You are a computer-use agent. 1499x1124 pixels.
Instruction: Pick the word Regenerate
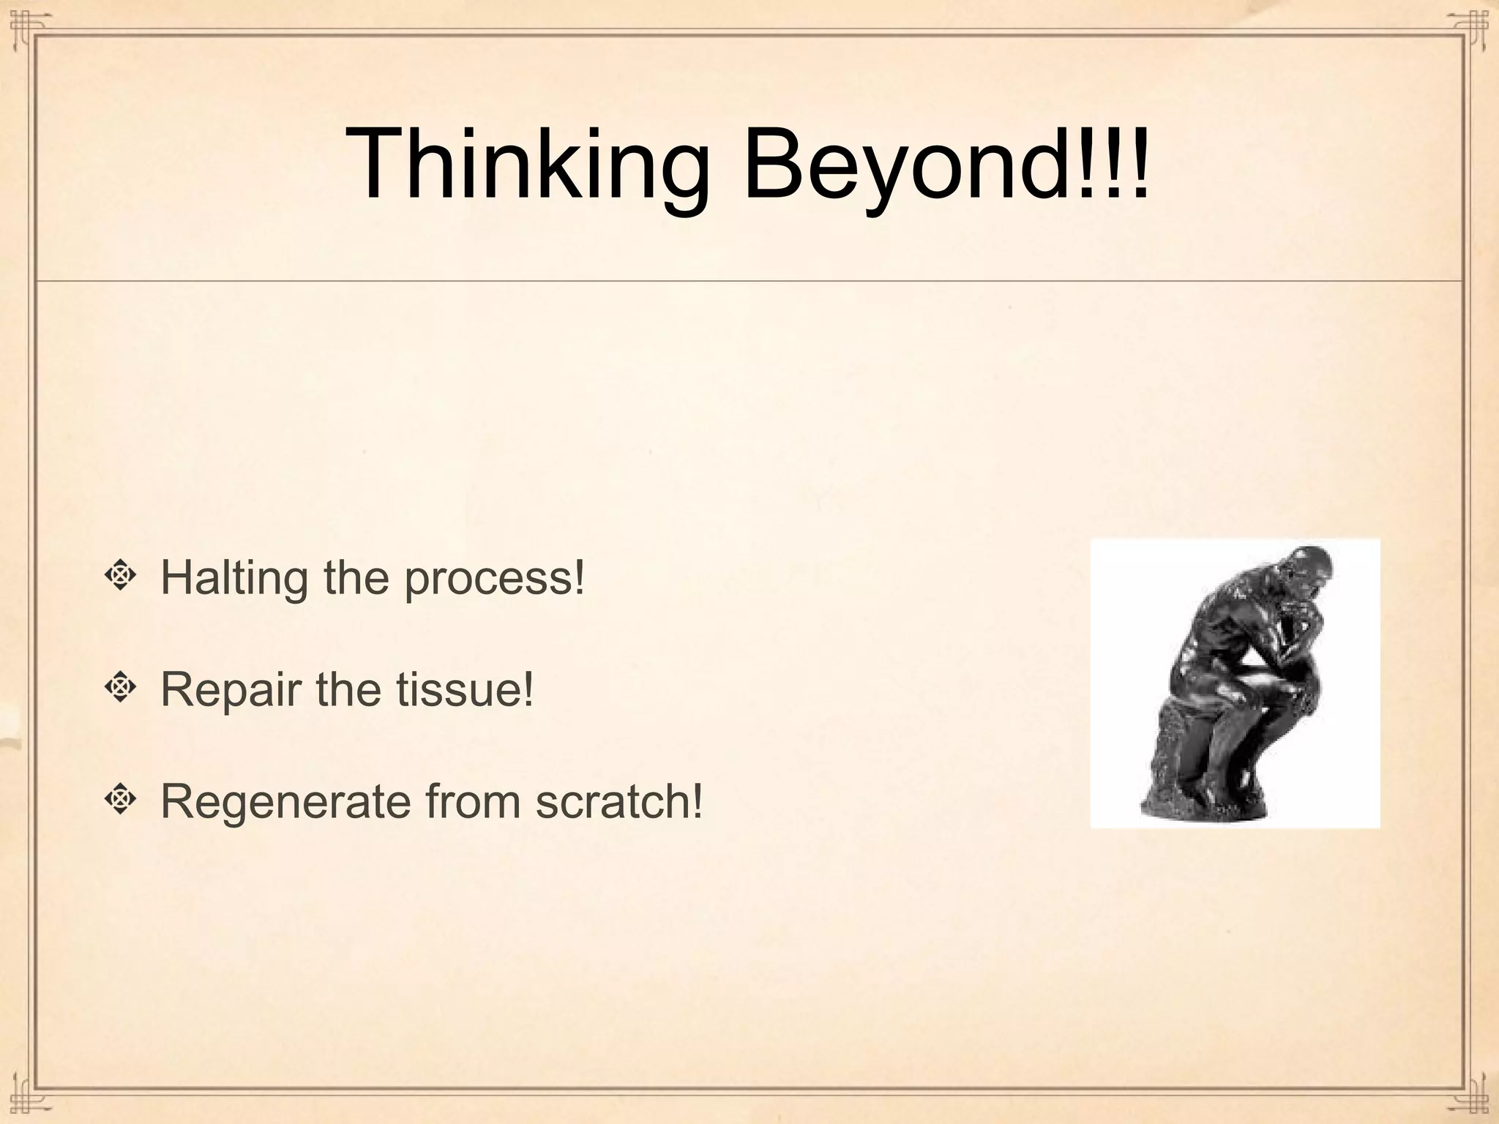[x=285, y=802]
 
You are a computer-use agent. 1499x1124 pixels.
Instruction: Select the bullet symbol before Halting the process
[x=120, y=577]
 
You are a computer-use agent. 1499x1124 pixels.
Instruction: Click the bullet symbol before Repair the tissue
[x=120, y=688]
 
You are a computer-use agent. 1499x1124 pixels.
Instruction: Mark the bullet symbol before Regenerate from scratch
[x=120, y=800]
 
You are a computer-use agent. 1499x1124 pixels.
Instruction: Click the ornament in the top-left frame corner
[x=25, y=25]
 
